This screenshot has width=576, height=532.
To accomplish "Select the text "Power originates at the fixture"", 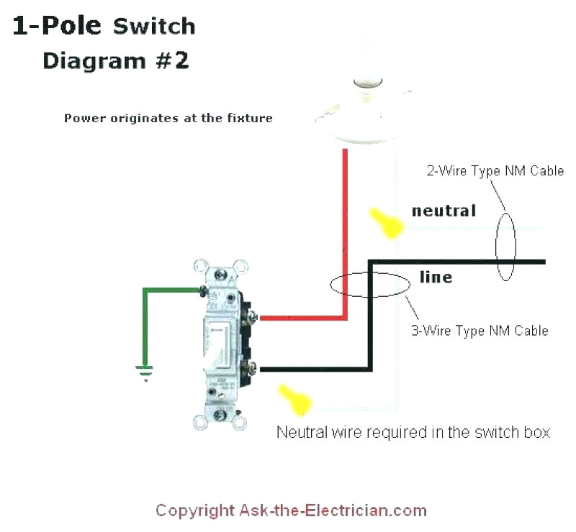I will click(168, 118).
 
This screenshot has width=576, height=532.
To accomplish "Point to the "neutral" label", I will click(444, 211).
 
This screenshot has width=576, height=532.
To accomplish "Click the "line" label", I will click(436, 277).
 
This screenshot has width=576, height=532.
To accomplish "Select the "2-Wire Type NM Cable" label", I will click(495, 171).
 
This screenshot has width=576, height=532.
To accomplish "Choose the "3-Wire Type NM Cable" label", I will click(480, 331).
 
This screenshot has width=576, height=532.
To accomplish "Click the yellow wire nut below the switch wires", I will click(294, 399).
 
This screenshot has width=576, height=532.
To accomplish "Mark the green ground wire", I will click(146, 324).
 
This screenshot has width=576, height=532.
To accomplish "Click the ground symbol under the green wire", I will click(145, 372).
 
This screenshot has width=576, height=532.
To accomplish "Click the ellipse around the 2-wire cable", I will click(505, 244).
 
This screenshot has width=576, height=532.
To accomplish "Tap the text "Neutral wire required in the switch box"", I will click(413, 432).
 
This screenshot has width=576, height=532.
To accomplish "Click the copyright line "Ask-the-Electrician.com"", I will click(291, 511).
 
